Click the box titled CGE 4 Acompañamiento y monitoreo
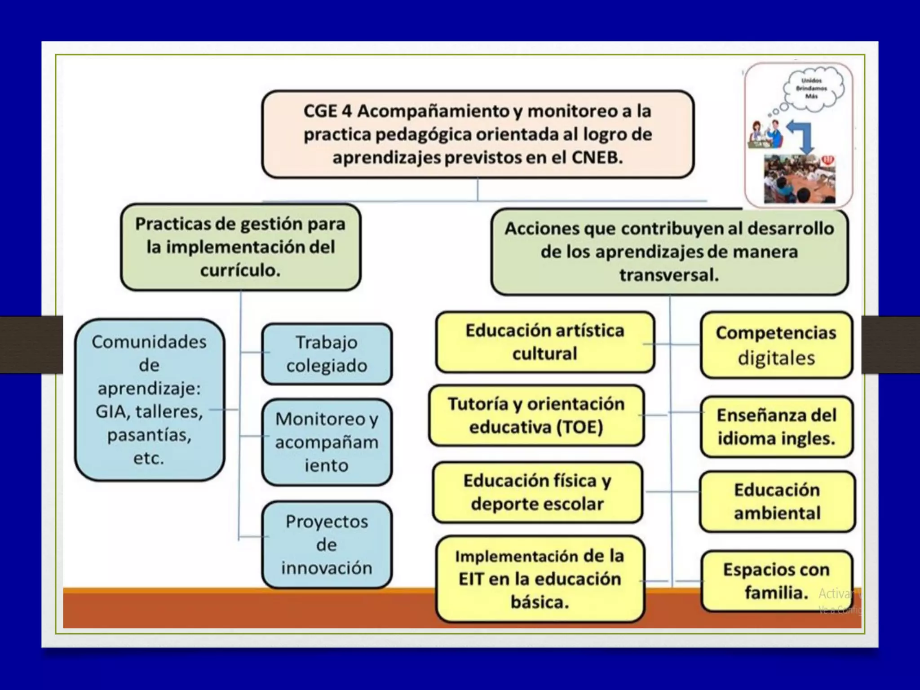[x=478, y=134]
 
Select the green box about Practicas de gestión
[x=240, y=247]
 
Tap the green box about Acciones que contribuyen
[x=669, y=252]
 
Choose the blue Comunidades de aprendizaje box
[x=149, y=400]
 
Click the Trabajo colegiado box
[x=327, y=354]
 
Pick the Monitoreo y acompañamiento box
[x=327, y=442]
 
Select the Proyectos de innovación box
[x=327, y=544]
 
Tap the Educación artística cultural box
[x=544, y=342]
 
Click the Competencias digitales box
[x=776, y=345]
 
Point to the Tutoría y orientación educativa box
[x=536, y=415]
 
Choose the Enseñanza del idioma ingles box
[x=776, y=427]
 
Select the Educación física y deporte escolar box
[x=537, y=492]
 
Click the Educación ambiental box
[x=777, y=501]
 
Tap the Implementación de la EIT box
[x=540, y=579]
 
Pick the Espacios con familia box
[x=776, y=581]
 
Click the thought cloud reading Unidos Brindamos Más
[x=811, y=88]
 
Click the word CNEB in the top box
[x=597, y=158]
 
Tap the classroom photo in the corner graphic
[x=800, y=179]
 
